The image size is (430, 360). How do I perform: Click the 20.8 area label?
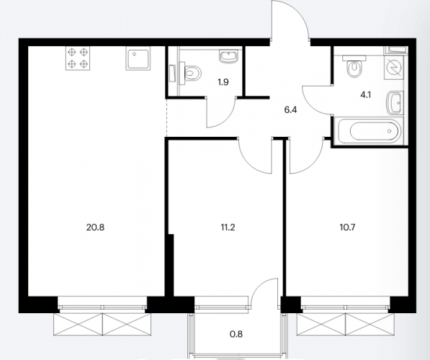(95, 228)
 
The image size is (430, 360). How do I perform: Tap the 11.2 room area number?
(228, 228)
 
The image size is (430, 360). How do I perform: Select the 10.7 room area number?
(347, 228)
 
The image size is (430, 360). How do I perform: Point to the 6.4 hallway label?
(291, 110)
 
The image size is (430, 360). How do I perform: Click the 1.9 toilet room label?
(223, 82)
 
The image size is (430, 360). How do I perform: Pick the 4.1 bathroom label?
(366, 95)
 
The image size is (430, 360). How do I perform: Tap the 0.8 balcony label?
(236, 334)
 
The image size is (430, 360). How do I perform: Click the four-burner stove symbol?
(78, 58)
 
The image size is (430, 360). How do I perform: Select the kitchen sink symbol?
(138, 58)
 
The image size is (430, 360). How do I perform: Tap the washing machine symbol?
(395, 67)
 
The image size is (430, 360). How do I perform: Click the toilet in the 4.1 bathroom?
(354, 67)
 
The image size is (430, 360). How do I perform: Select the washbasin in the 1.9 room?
(228, 57)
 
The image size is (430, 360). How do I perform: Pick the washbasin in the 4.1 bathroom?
(394, 103)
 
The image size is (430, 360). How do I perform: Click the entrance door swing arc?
(297, 14)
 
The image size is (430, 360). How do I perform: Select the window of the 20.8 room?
(102, 305)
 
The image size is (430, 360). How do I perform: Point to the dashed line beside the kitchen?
(166, 117)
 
